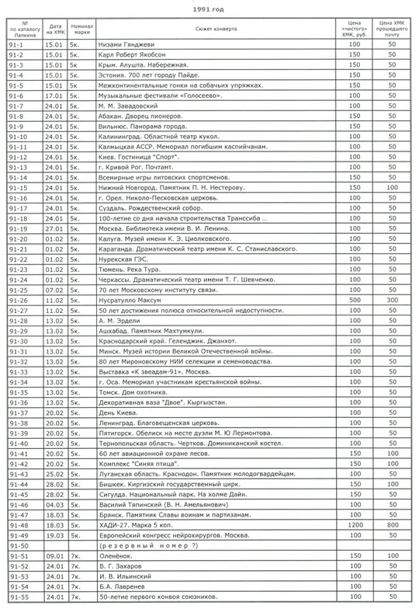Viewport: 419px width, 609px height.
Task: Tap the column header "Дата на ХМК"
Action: [54, 30]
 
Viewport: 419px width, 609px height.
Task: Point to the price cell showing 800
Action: [393, 525]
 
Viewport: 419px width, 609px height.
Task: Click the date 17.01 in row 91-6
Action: [54, 96]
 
